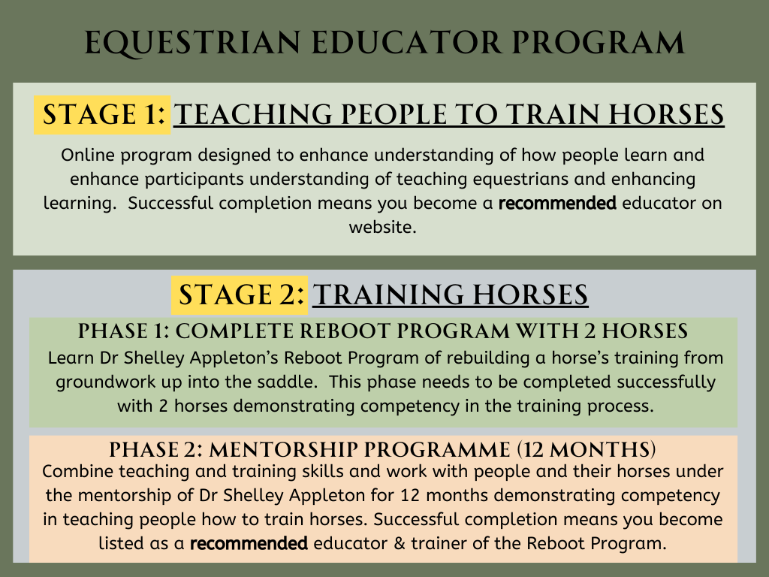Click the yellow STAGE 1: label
pos(104,115)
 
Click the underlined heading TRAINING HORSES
pos(450,295)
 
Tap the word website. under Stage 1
pos(382,227)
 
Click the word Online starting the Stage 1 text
pos(85,156)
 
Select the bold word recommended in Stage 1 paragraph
pos(557,204)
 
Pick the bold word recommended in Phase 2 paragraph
pos(248,543)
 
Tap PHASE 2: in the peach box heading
pos(155,450)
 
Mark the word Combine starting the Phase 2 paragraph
pos(74,471)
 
